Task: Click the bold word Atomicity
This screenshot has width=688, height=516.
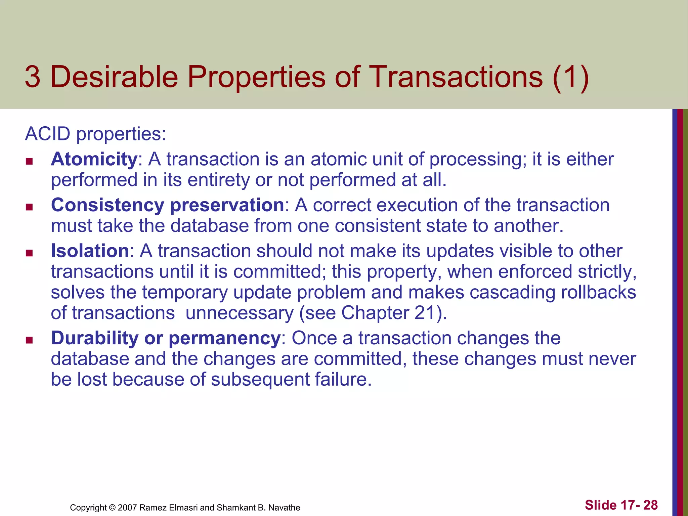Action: pos(94,159)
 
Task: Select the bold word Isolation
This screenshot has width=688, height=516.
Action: pos(90,251)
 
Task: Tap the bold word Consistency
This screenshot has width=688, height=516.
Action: pos(107,205)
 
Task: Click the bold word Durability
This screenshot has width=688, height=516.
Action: pos(94,338)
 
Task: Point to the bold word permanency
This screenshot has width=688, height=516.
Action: pos(224,339)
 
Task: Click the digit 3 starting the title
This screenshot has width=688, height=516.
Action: pos(33,77)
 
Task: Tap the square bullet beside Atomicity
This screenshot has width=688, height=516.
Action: pos(29,162)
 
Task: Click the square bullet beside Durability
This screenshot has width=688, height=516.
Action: pos(29,340)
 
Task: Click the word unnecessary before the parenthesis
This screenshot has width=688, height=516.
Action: pos(240,313)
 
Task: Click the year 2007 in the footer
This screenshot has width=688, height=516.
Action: pos(127,508)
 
